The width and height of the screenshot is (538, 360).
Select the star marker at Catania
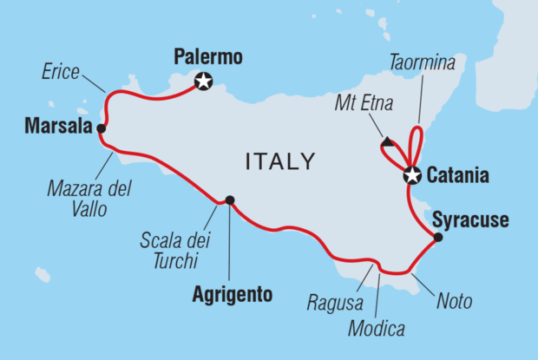click(412, 176)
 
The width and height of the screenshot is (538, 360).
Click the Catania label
click(458, 176)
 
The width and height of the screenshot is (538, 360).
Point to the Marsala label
click(53, 128)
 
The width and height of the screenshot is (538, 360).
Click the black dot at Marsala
click(102, 128)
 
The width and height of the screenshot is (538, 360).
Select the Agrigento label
click(231, 295)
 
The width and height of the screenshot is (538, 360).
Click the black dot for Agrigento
click(230, 200)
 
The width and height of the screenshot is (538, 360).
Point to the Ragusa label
click(330, 302)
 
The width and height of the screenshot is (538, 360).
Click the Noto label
click(455, 302)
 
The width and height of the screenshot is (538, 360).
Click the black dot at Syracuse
click(437, 237)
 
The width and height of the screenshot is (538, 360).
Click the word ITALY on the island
click(279, 161)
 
